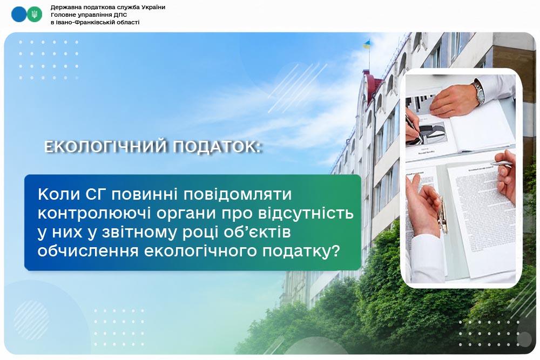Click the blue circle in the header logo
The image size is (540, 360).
click(x=18, y=14)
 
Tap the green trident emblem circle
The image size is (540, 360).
click(x=35, y=14)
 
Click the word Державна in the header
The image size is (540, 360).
click(x=64, y=7)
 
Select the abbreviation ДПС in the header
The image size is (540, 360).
click(x=121, y=15)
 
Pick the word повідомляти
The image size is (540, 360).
click(x=238, y=195)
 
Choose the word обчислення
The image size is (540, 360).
click(x=88, y=251)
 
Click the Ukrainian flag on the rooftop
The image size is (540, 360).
click(x=367, y=44)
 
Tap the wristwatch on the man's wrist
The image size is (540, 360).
click(x=478, y=92)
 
